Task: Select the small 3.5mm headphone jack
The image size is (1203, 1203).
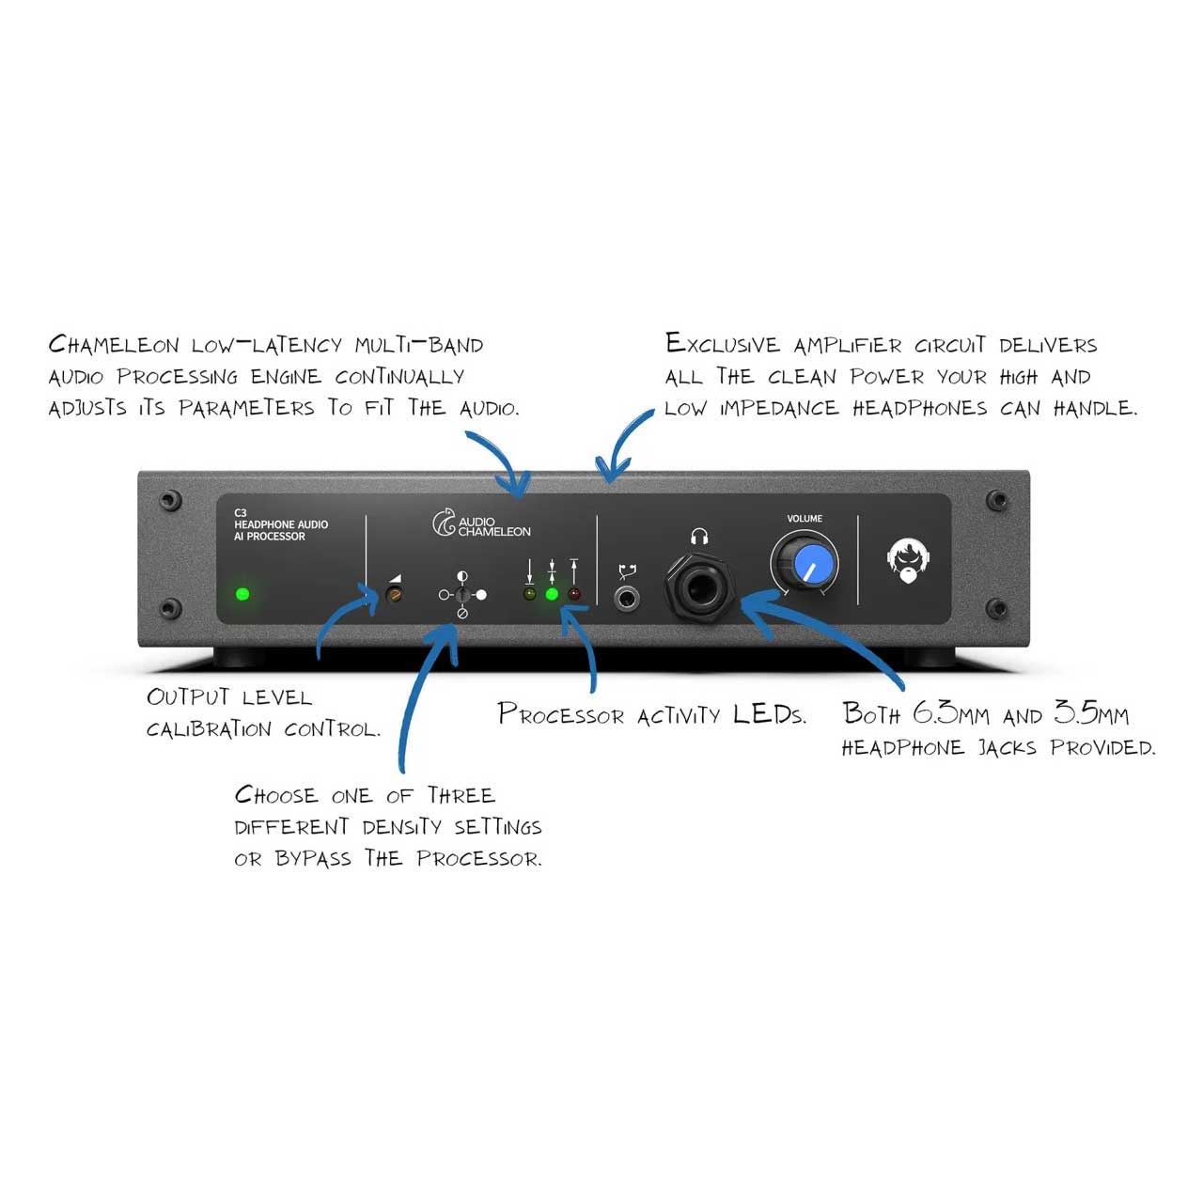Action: (x=626, y=599)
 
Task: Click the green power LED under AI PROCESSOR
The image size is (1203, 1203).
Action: (x=242, y=594)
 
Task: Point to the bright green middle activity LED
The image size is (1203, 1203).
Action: (x=552, y=594)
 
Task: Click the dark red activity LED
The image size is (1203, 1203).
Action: (x=573, y=594)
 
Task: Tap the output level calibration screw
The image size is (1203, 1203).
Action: (x=394, y=594)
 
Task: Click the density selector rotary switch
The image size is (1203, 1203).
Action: (x=462, y=594)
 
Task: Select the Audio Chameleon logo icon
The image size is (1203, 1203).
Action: (x=444, y=523)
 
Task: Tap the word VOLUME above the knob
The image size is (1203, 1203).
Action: (x=805, y=518)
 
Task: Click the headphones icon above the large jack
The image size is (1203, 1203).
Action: (x=699, y=537)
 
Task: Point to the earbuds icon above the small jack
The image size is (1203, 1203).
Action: (x=627, y=571)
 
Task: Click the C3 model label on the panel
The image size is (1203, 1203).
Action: (x=241, y=512)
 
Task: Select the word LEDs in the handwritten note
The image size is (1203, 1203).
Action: (x=769, y=713)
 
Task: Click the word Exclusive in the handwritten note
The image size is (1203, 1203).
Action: (x=723, y=343)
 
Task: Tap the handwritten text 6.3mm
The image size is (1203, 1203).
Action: (x=951, y=712)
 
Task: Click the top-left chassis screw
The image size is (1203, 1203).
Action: (x=170, y=499)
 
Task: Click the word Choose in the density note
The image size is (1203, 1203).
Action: (x=276, y=795)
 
